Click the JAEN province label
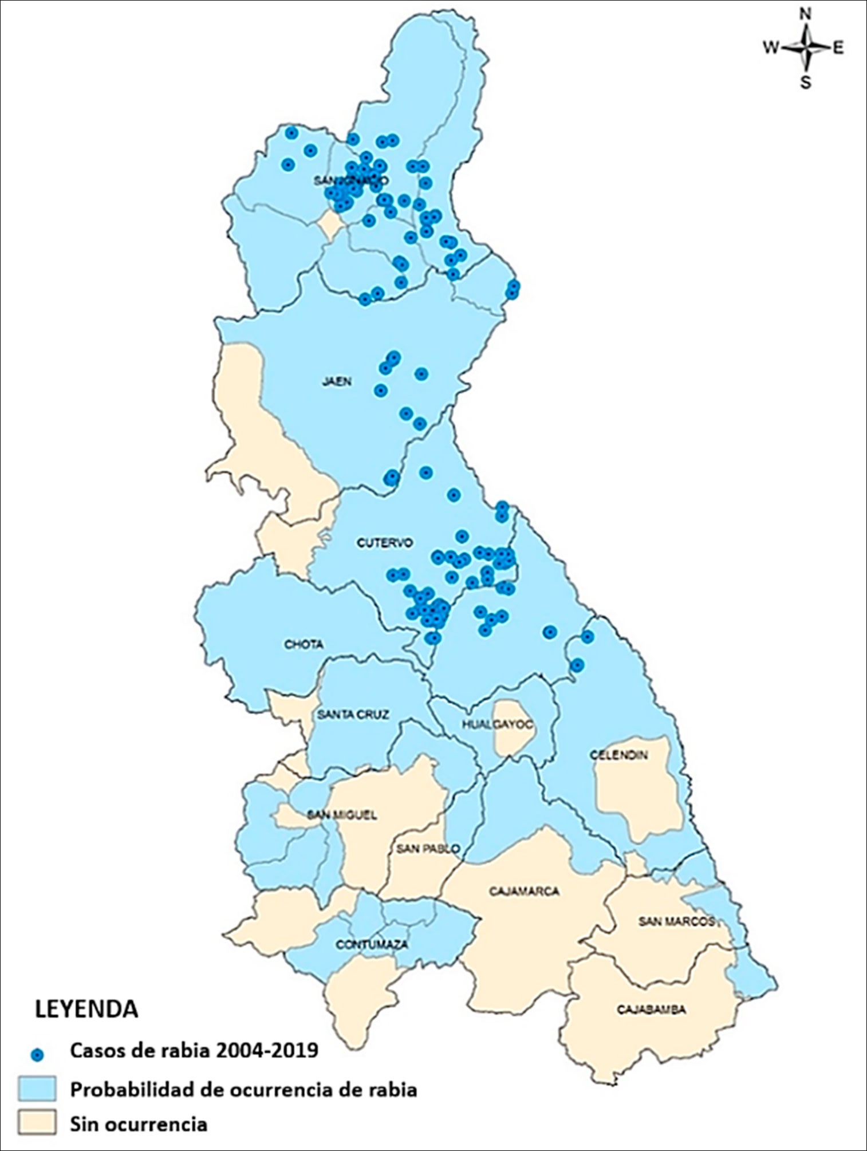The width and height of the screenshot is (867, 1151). click(336, 382)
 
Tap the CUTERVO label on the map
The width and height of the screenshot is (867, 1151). click(384, 543)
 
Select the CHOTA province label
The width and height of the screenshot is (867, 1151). click(304, 645)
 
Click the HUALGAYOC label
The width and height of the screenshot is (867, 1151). click(498, 724)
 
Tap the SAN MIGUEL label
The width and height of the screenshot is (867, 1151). click(342, 815)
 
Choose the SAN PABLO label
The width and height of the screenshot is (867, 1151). click(428, 849)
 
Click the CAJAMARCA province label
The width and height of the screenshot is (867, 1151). click(524, 892)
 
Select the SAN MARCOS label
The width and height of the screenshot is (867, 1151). click(677, 921)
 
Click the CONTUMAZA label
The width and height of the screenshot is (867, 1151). click(364, 944)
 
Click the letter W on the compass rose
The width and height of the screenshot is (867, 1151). click(771, 49)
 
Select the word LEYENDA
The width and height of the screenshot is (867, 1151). click(86, 1009)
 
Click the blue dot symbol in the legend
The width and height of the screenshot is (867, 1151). click(38, 1053)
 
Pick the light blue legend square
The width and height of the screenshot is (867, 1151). click(37, 1089)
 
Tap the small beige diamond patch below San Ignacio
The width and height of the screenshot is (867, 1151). click(330, 224)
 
